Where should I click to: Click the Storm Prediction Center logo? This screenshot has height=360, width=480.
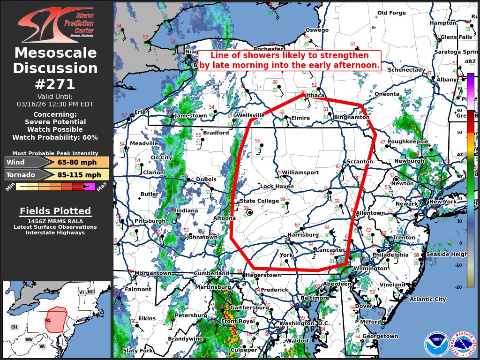[56, 24]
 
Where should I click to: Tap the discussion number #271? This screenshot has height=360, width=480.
[55, 84]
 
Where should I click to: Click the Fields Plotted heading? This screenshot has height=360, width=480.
[55, 211]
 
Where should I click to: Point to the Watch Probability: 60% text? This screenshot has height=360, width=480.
[55, 137]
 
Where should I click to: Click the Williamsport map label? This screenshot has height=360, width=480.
[300, 172]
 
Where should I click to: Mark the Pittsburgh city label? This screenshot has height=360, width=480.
[150, 221]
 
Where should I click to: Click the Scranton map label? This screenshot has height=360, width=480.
[360, 162]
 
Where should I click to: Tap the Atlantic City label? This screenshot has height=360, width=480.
[427, 299]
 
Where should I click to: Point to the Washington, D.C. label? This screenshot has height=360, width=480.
[305, 323]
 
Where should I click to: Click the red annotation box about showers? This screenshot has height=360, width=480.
[289, 60]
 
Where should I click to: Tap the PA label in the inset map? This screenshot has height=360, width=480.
[47, 321]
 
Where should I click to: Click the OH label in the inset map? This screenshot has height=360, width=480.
[14, 327]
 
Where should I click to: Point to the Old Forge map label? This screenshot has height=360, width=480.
[391, 13]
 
